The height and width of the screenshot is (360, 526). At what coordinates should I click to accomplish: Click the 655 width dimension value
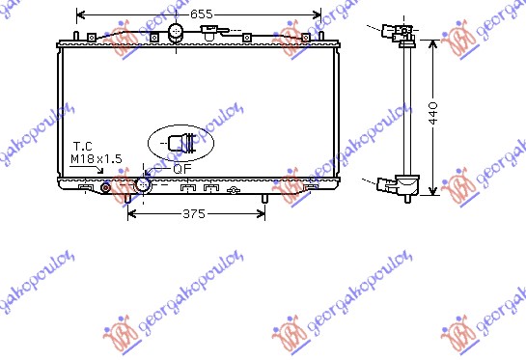pyautogui.click(x=202, y=14)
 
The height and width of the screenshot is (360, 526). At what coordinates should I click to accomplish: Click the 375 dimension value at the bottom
pyautogui.click(x=194, y=213)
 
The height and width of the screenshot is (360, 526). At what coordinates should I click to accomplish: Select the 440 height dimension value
pyautogui.click(x=433, y=113)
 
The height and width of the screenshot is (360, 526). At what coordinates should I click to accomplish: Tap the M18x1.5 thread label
pyautogui.click(x=97, y=158)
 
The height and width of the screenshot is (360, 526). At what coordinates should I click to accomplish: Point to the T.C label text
pyautogui.click(x=83, y=147)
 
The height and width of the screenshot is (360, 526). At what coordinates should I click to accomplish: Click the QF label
pyautogui.click(x=182, y=169)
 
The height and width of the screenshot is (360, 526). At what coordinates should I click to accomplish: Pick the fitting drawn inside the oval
pyautogui.click(x=180, y=143)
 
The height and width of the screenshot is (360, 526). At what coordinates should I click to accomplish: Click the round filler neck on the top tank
pyautogui.click(x=176, y=33)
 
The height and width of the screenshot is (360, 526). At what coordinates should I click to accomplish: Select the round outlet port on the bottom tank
pyautogui.click(x=143, y=185)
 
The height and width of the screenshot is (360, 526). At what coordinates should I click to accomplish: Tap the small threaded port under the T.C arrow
pyautogui.click(x=105, y=187)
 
